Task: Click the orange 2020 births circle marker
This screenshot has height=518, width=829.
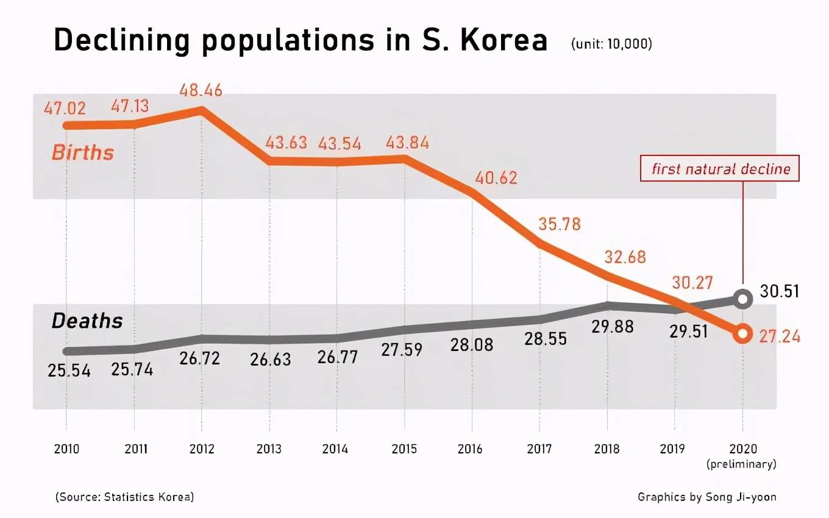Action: pos(742,333)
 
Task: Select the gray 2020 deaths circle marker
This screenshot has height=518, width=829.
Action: pos(742,299)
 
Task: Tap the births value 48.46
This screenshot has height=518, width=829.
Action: pos(201,91)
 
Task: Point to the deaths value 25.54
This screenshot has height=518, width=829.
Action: pos(69,370)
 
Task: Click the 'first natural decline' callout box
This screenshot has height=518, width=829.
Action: pos(720,169)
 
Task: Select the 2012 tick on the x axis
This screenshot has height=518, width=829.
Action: pos(201,449)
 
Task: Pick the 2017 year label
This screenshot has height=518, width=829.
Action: pos(539,449)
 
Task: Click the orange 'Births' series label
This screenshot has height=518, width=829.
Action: pos(82,152)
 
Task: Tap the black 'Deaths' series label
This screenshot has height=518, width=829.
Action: pos(87,321)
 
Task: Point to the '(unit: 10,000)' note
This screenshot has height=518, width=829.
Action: pos(611,44)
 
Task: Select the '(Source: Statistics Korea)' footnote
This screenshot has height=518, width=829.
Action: pos(124,497)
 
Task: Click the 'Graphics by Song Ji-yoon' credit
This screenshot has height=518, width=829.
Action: pos(707,497)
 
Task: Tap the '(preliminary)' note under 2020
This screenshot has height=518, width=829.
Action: pos(742,464)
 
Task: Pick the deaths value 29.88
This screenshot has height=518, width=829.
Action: pos(613,327)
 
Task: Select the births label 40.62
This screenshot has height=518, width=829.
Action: pos(496,178)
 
